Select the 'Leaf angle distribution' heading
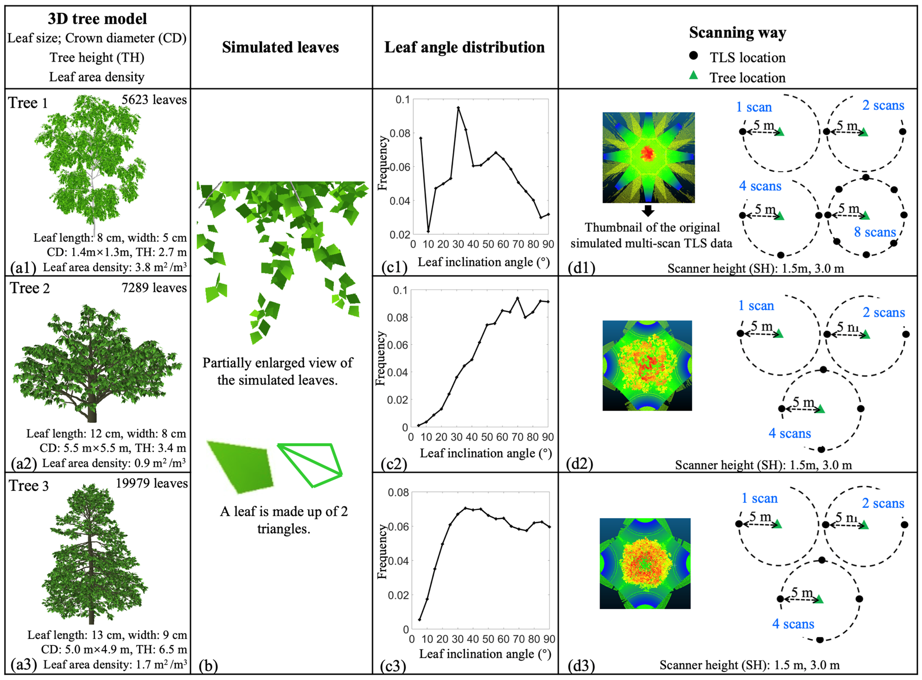(464, 47)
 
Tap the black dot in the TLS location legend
(694, 55)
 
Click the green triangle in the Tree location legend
(694, 75)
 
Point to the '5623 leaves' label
(154, 100)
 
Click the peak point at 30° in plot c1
(458, 108)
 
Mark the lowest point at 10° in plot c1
(428, 231)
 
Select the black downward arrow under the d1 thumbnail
(648, 211)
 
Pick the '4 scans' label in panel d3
(793, 624)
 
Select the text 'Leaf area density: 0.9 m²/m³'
(114, 463)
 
